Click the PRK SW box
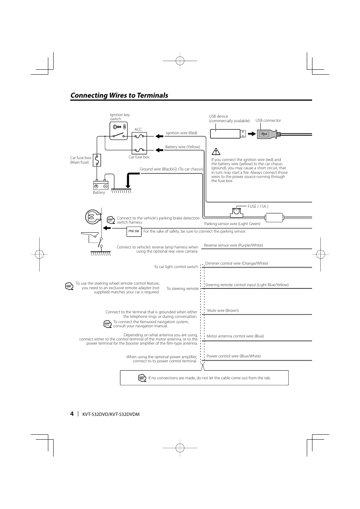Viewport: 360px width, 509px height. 134,232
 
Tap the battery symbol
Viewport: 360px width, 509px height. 100,185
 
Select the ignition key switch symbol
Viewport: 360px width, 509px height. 118,131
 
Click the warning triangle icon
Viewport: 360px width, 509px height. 216,151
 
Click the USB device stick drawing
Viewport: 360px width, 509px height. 228,134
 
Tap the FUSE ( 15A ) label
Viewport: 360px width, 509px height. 258,206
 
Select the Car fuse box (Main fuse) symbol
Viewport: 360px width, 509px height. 97,160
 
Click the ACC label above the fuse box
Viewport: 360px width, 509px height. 138,130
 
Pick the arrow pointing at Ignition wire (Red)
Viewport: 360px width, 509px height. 159,136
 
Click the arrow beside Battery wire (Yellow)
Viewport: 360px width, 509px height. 159,150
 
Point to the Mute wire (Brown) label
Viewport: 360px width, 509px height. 223,310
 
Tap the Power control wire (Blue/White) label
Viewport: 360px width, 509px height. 234,356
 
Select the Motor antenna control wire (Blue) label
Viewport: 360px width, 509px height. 235,336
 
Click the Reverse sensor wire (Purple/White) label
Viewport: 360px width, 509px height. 233,245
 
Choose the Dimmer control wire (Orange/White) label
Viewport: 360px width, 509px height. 237,264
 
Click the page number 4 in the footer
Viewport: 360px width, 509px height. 72,414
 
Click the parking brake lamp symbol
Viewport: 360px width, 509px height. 93,217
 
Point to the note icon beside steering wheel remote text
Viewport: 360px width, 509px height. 69,286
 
